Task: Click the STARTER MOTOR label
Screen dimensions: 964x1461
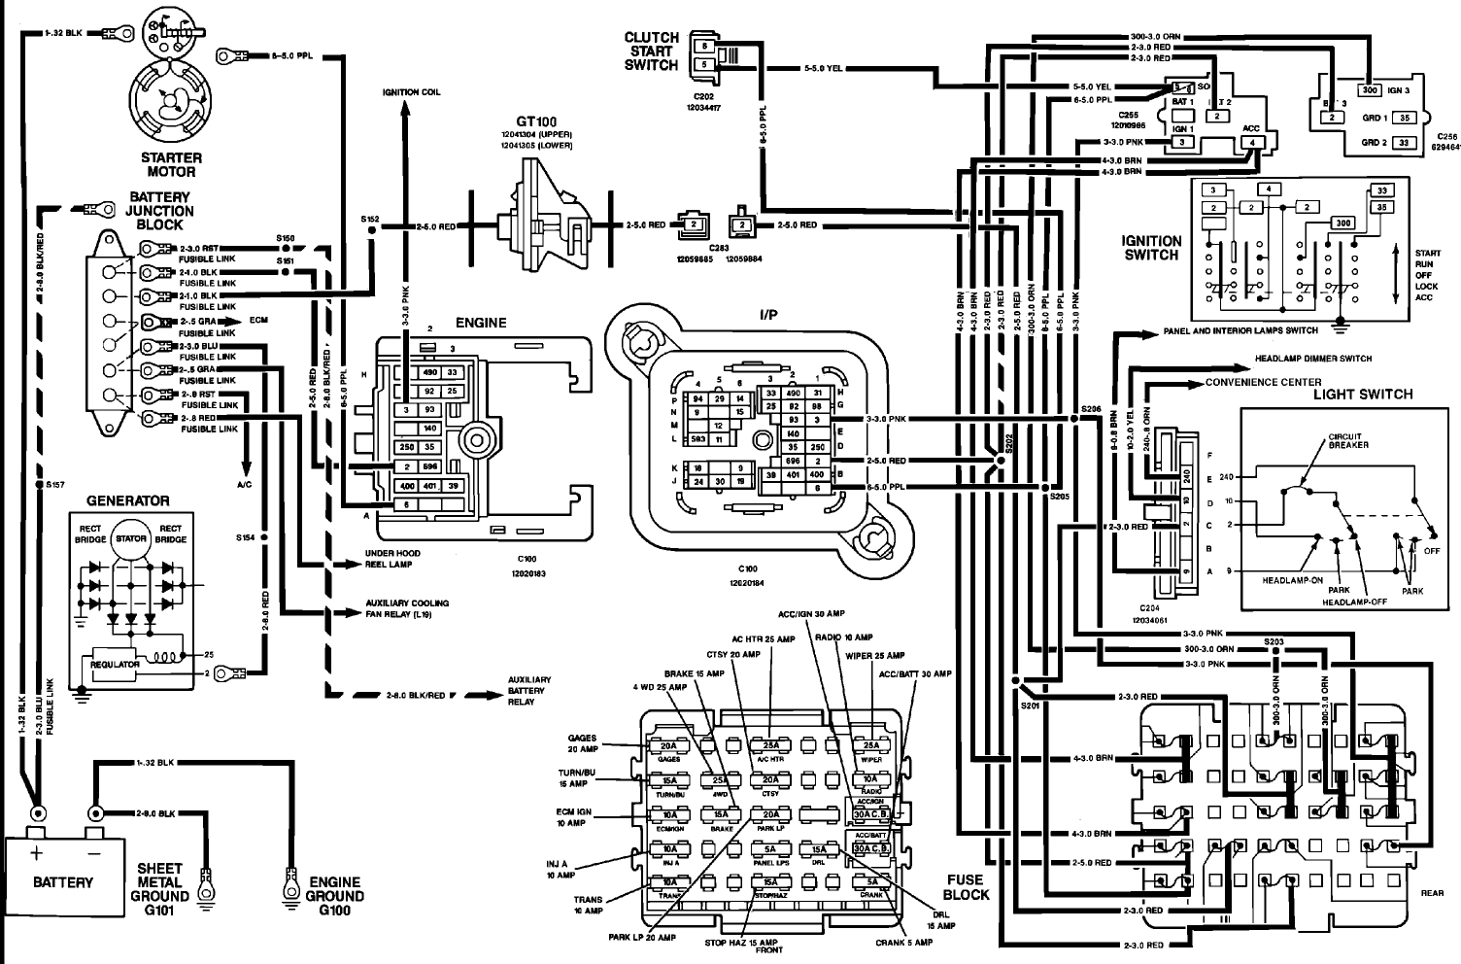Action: pos(171,164)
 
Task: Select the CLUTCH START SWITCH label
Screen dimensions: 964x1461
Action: pos(651,52)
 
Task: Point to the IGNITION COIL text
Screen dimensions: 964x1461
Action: pos(411,91)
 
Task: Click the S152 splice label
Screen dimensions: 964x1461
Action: pos(369,219)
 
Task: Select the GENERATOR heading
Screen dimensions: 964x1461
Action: pos(128,500)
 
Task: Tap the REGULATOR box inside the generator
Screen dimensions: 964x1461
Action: pos(116,664)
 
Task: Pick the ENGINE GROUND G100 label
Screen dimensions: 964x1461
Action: pos(334,895)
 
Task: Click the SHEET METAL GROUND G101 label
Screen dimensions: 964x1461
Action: pos(160,888)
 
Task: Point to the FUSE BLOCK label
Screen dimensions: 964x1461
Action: pos(967,886)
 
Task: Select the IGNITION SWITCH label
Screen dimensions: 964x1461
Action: pos(1151,248)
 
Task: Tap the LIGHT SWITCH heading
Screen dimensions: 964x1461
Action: pos(1362,394)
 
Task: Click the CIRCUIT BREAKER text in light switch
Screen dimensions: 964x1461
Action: pos(1348,440)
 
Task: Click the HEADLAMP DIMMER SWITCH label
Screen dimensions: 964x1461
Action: pos(1312,359)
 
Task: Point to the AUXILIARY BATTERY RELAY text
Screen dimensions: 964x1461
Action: pos(529,690)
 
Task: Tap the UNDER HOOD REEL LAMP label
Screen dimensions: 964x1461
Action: pos(392,558)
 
